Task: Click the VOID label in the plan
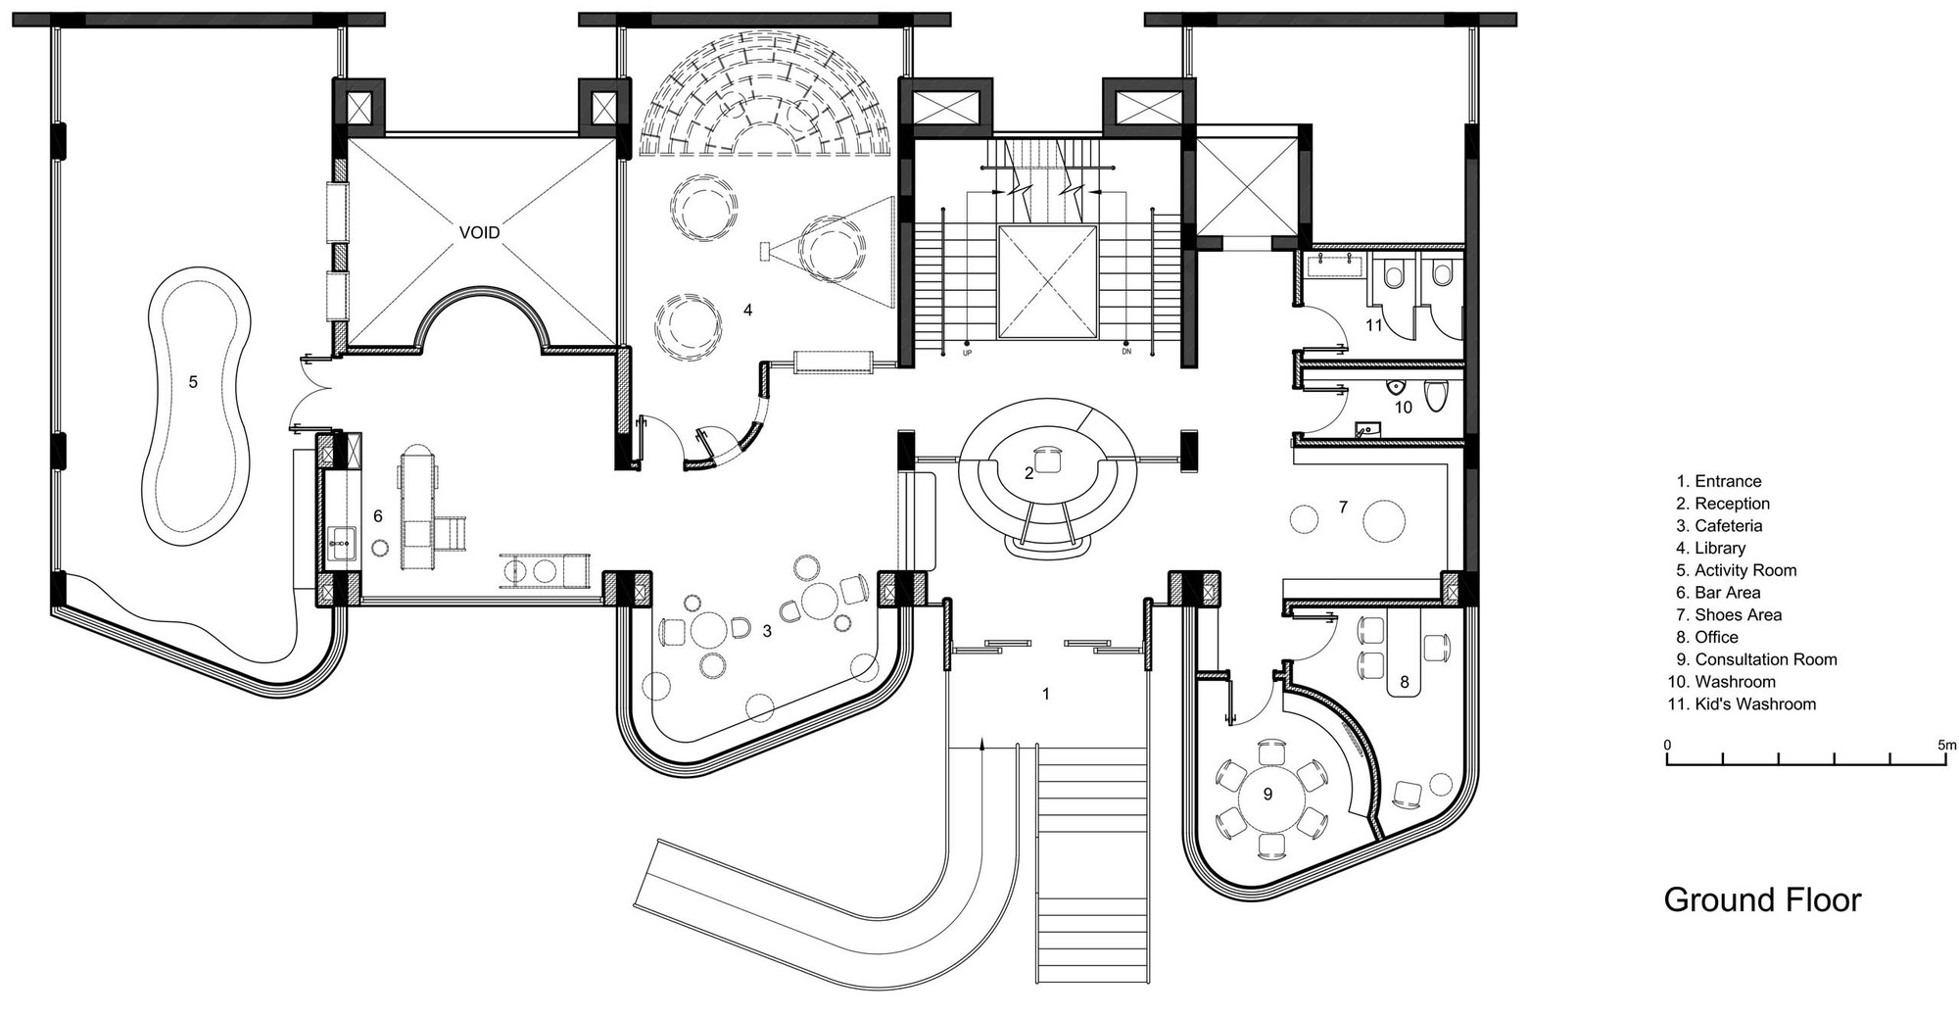[480, 232]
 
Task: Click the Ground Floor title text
[1761, 899]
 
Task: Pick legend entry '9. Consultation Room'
[1755, 659]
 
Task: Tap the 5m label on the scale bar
[1945, 745]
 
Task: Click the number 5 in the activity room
[193, 381]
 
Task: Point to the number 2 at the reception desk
[1028, 473]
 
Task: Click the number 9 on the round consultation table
[1267, 794]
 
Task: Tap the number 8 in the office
[1404, 682]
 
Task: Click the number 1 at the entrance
[1045, 694]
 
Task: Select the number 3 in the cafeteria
[767, 631]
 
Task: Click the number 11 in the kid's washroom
[1373, 324]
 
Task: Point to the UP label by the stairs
[968, 352]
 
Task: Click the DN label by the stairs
[1126, 352]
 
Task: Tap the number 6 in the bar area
[377, 515]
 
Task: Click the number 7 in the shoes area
[1343, 507]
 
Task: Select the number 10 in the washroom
[1403, 407]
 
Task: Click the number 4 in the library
[747, 310]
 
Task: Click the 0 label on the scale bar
[1668, 745]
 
